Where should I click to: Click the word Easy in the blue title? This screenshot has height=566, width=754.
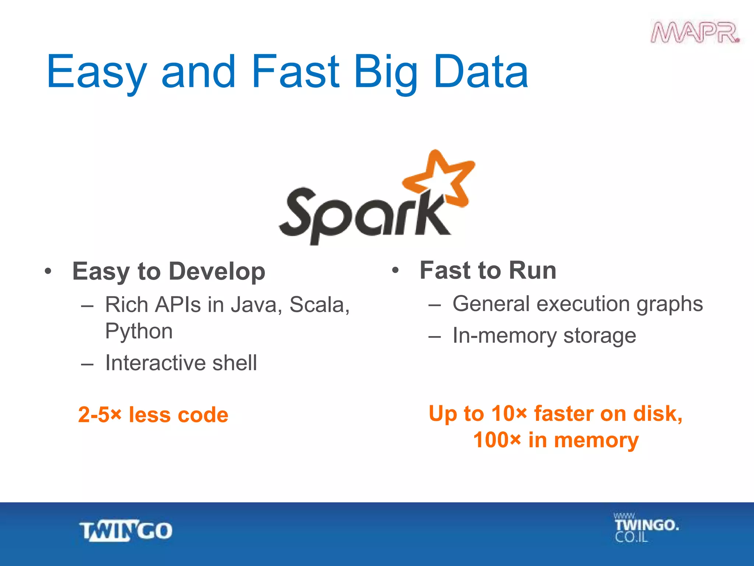click(x=97, y=72)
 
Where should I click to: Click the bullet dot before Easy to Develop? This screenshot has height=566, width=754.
click(x=48, y=272)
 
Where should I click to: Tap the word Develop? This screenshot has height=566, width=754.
click(x=217, y=272)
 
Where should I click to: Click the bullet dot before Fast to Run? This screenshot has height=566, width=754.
click(x=395, y=270)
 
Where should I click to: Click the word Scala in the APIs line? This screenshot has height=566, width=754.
click(x=319, y=305)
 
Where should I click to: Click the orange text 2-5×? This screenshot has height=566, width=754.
click(x=99, y=415)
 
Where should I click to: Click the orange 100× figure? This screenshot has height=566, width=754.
click(x=497, y=440)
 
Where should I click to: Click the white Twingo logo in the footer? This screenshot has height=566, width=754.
click(x=126, y=531)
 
